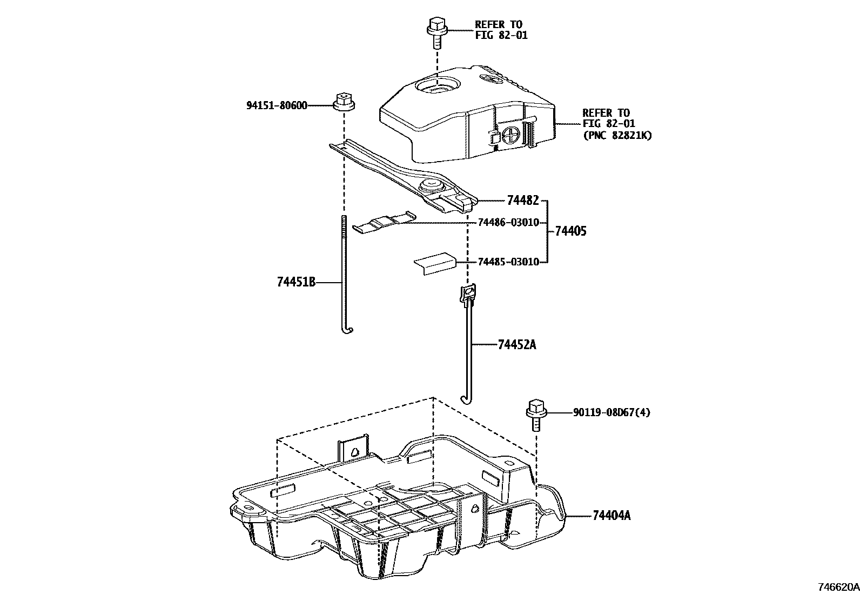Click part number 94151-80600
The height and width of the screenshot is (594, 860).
277,105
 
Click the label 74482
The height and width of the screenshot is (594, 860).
522,201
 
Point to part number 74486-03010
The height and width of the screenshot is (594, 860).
508,223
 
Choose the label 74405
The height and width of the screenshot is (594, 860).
570,231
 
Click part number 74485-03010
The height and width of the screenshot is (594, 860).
508,262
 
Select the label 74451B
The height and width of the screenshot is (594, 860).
295,282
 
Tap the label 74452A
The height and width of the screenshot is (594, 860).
516,344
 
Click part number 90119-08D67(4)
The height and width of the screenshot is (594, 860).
612,413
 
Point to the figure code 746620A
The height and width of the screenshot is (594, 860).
837,587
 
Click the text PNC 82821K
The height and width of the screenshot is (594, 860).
617,136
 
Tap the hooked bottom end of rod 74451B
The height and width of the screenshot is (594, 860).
347,330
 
